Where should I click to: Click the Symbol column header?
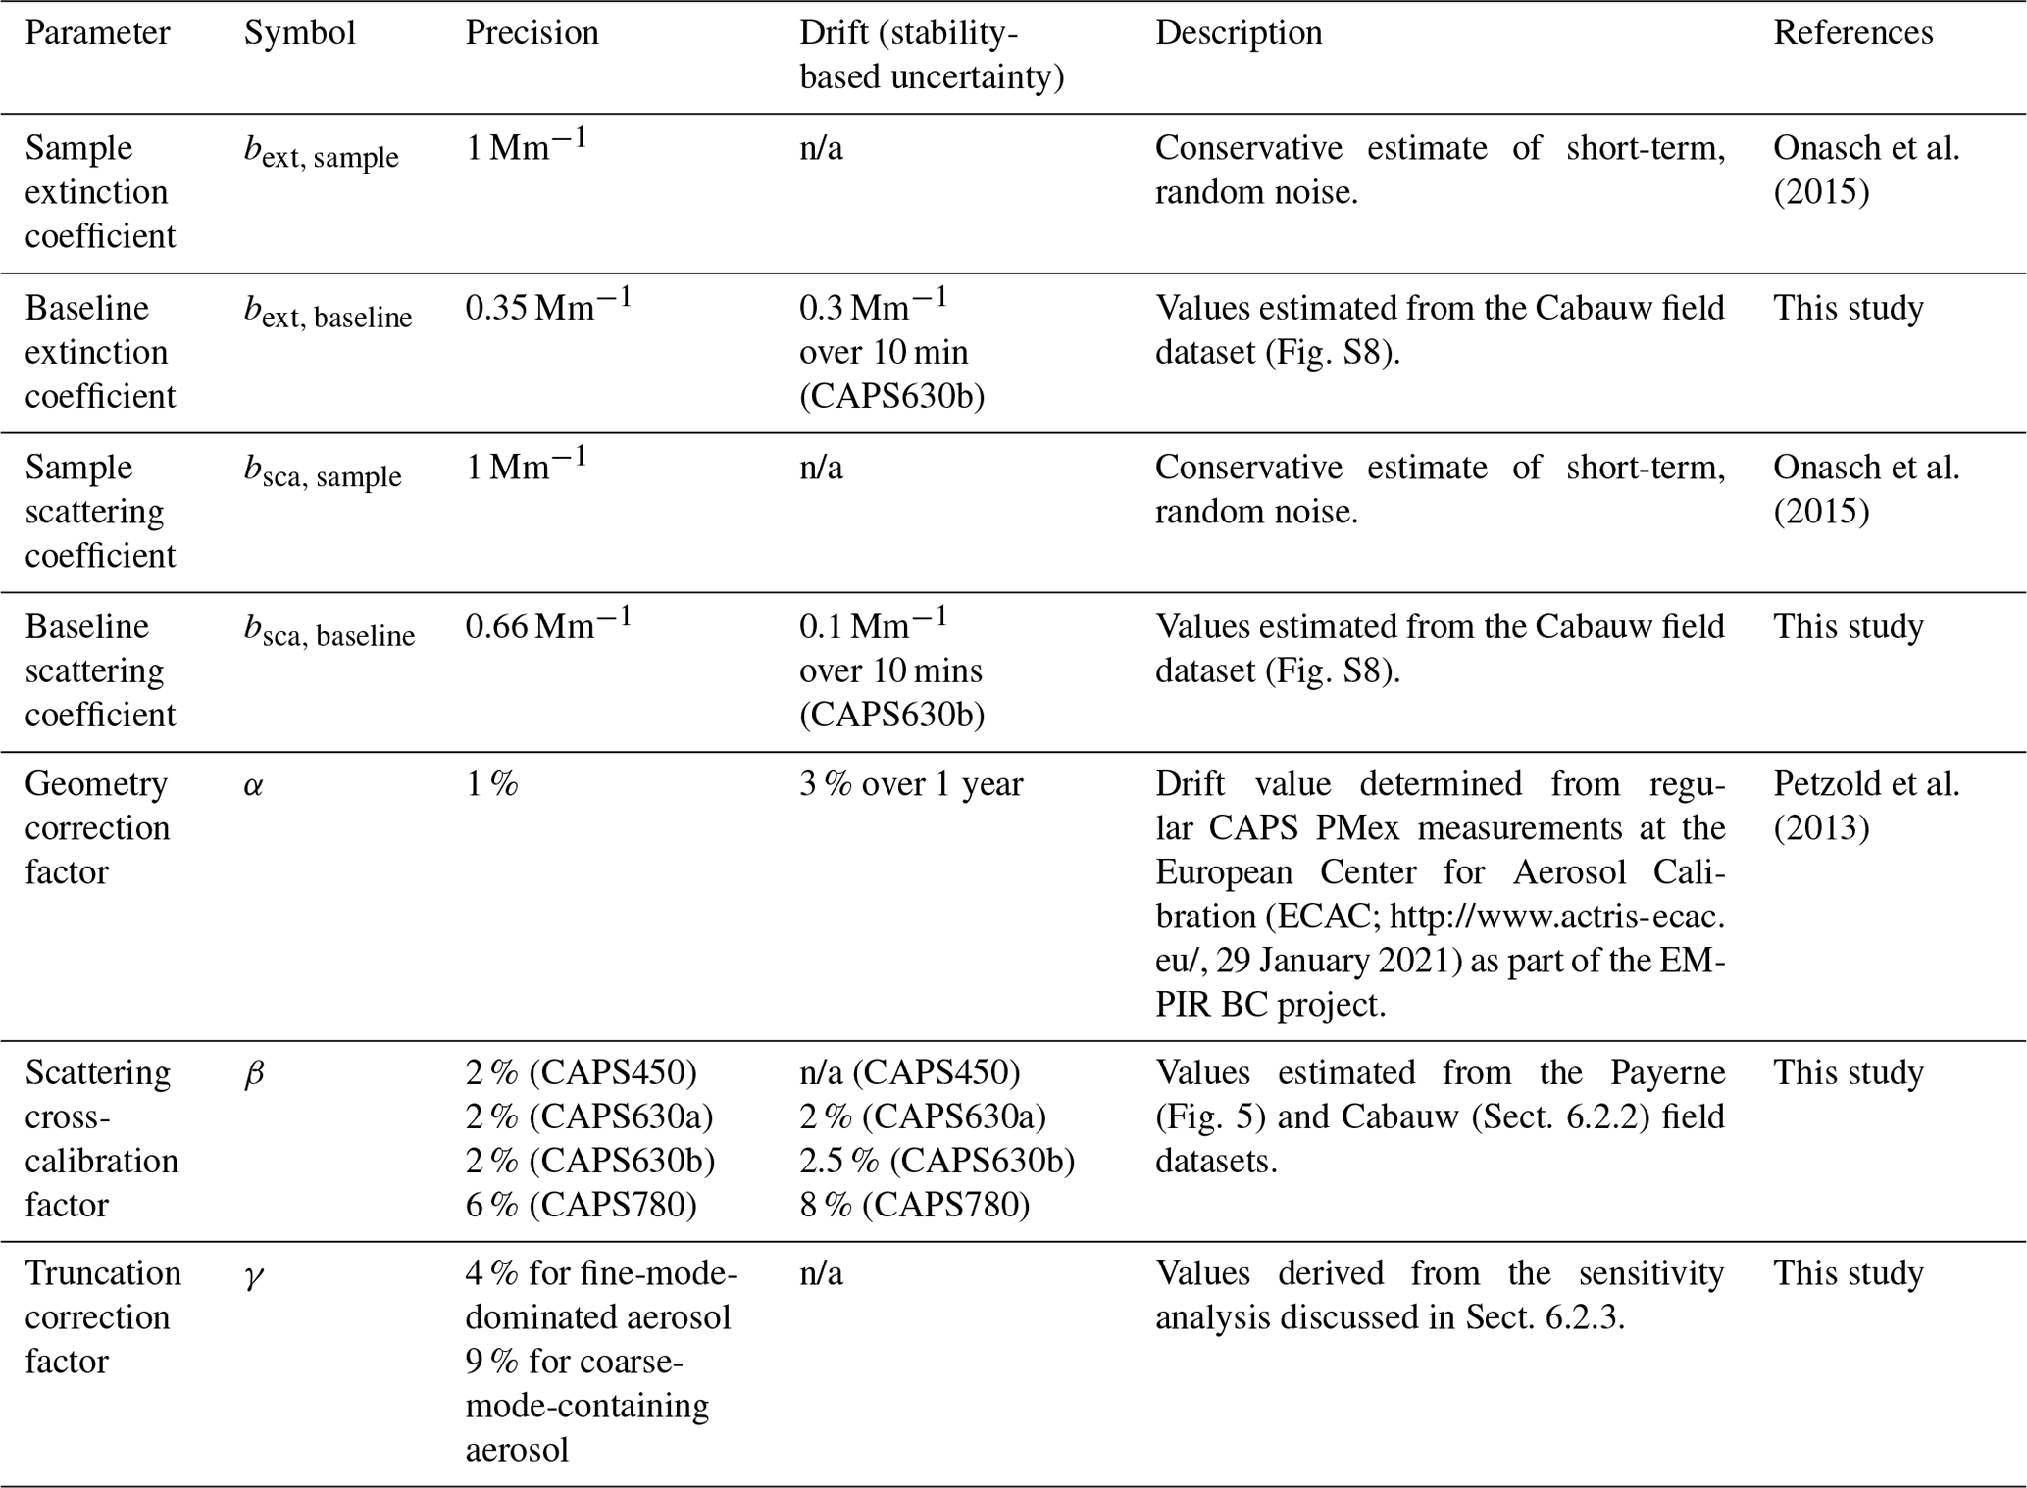click(x=299, y=33)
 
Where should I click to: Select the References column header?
click(x=1852, y=33)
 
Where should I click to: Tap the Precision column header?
click(x=532, y=33)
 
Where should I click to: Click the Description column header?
click(x=1238, y=33)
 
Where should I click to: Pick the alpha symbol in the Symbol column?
click(x=254, y=785)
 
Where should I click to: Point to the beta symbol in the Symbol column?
click(x=254, y=1074)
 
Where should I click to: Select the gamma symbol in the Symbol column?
click(x=254, y=1275)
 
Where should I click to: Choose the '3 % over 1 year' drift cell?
click(x=911, y=784)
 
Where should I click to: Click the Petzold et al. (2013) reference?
click(x=1865, y=806)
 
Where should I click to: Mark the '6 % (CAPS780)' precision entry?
click(x=581, y=1205)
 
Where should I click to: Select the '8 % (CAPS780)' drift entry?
click(x=914, y=1205)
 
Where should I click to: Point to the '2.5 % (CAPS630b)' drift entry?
click(x=937, y=1161)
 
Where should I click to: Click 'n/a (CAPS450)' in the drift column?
click(x=909, y=1072)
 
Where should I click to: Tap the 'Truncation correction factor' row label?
click(x=102, y=1316)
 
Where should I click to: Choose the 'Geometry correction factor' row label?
click(x=97, y=827)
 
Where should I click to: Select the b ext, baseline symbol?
click(x=328, y=312)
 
